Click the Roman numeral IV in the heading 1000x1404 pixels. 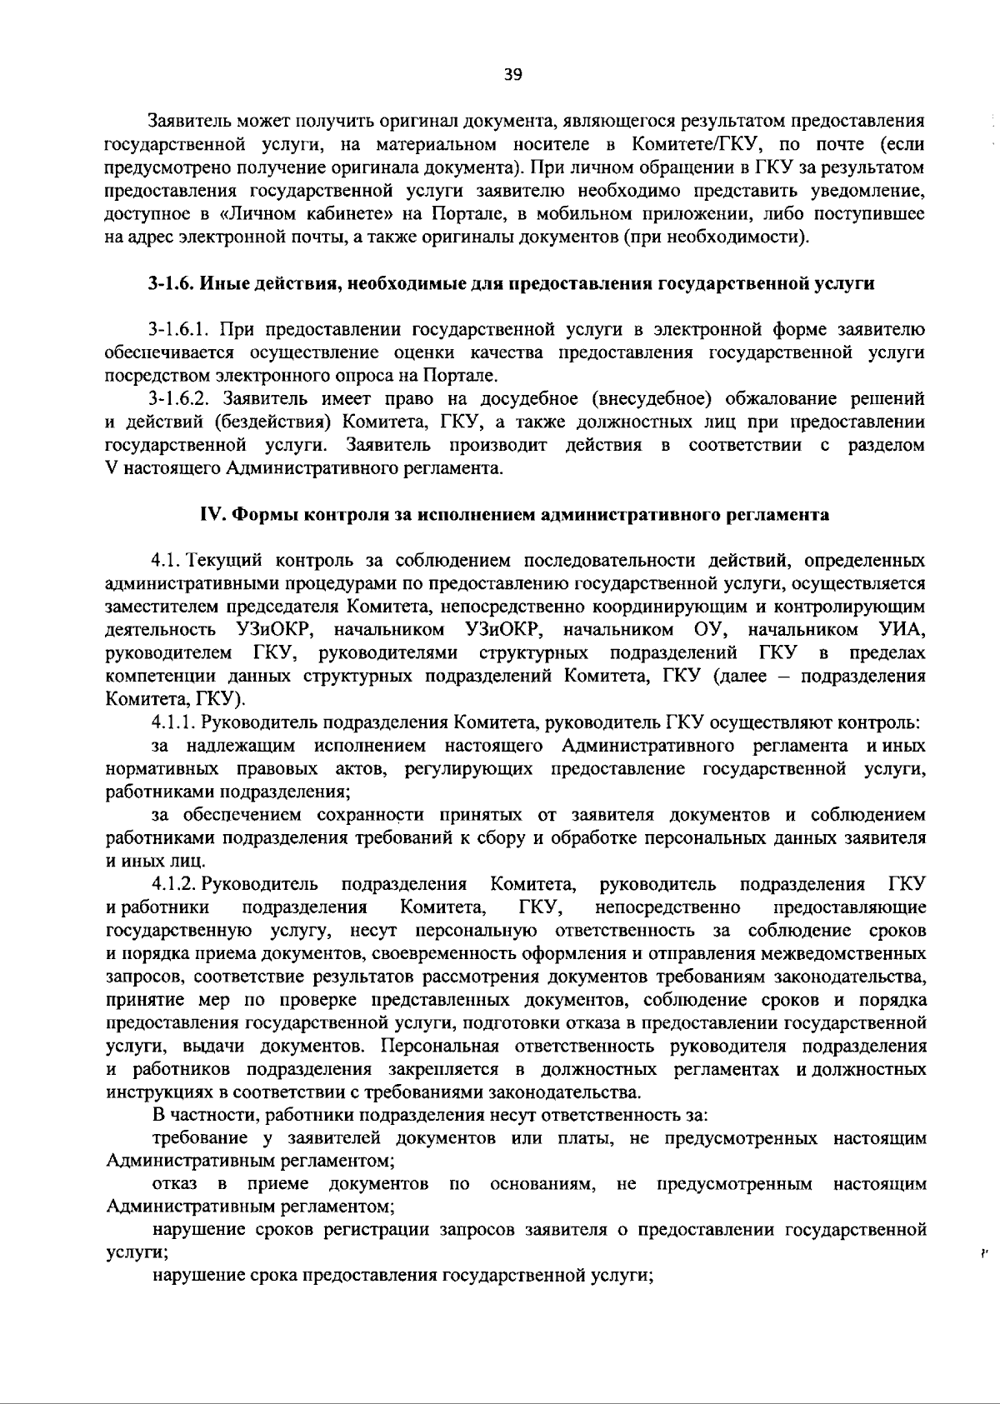pyautogui.click(x=208, y=514)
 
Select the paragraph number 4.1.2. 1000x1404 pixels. pyautogui.click(x=175, y=883)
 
